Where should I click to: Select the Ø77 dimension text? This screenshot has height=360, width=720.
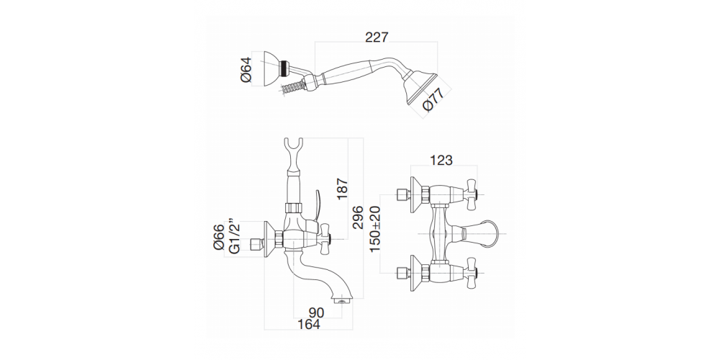point(429,102)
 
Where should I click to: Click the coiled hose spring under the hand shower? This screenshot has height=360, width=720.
point(291,89)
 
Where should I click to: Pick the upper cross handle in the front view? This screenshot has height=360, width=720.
point(474,193)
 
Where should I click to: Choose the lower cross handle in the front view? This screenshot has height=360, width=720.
point(474,273)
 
